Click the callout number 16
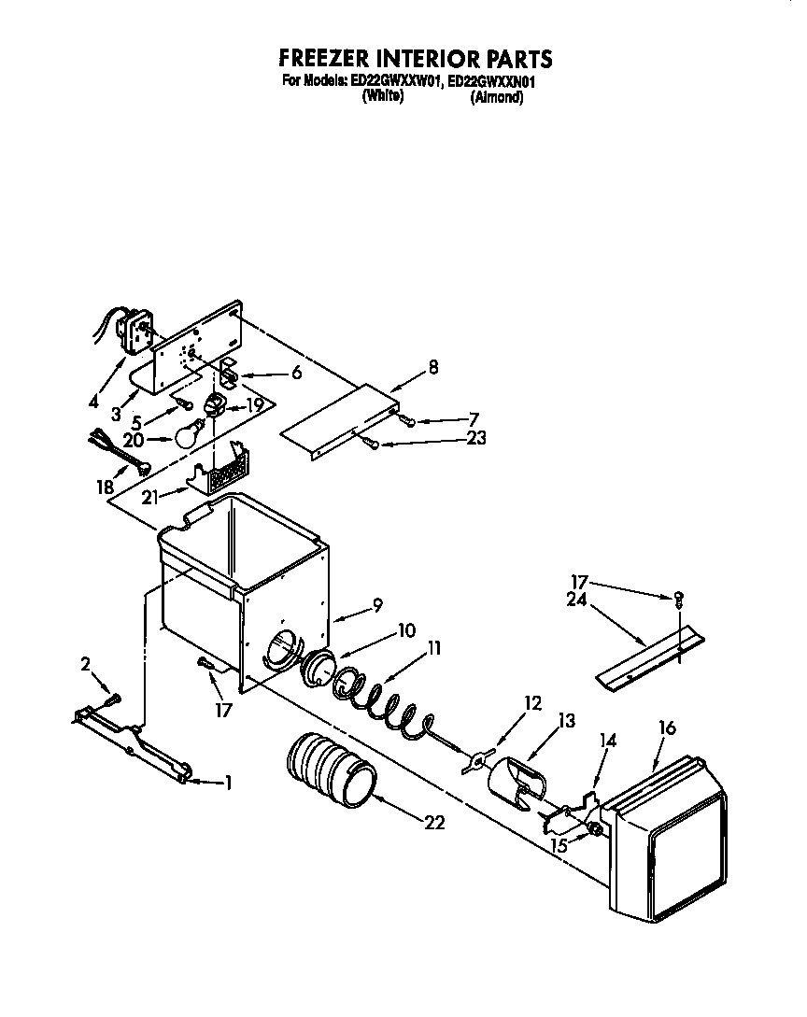tap(667, 727)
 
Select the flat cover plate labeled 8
tap(342, 417)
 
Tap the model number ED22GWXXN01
tap(491, 81)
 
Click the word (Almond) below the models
tap(496, 97)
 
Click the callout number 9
tap(376, 605)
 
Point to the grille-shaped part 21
tap(222, 473)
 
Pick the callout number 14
tap(608, 741)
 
